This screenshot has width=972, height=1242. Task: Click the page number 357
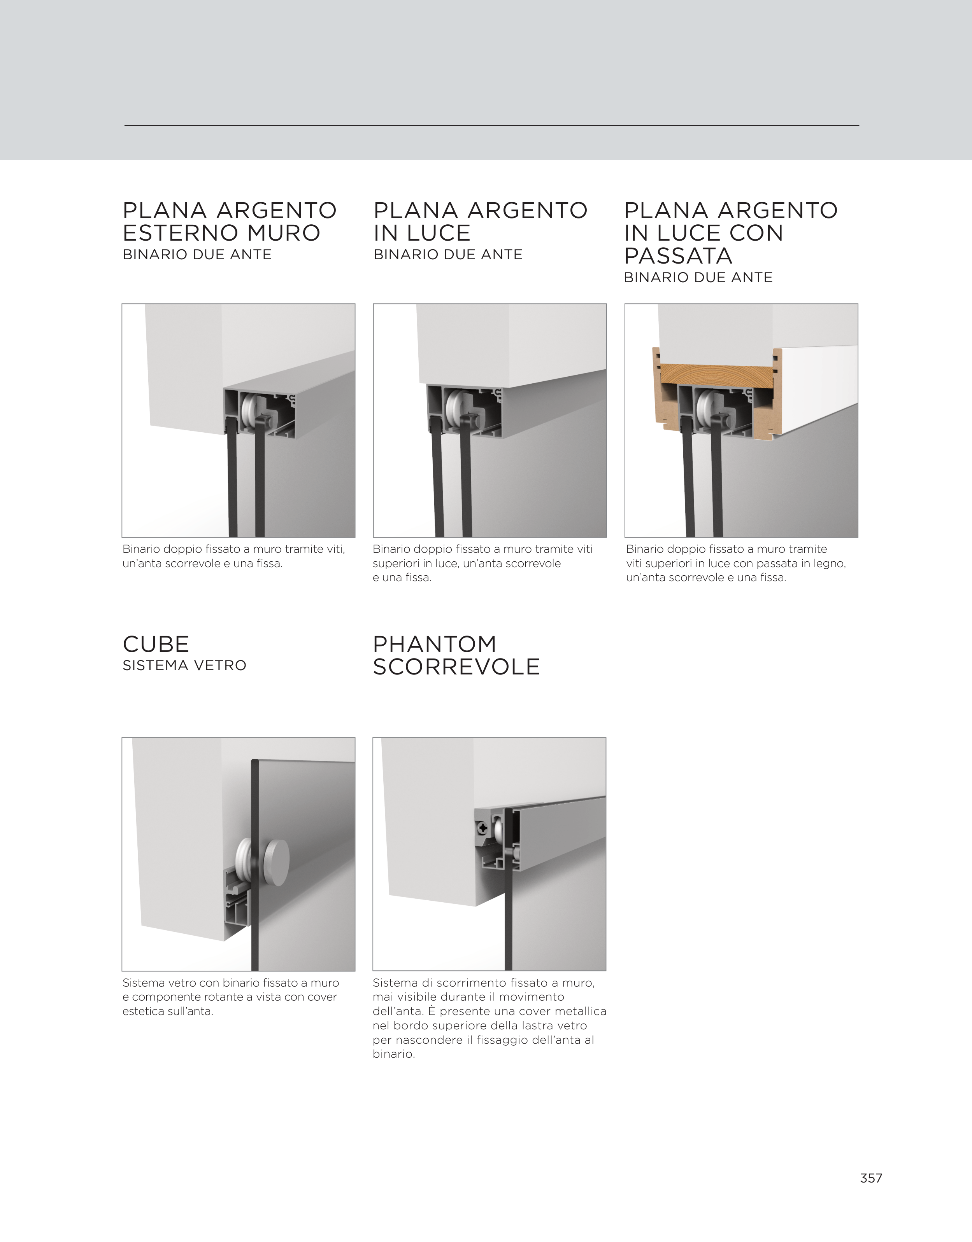(x=871, y=1178)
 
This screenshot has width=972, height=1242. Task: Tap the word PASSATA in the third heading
(x=678, y=256)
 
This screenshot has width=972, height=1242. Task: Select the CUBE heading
(x=156, y=644)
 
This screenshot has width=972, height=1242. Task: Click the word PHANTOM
(x=435, y=644)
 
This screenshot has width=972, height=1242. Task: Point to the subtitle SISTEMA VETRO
(x=184, y=666)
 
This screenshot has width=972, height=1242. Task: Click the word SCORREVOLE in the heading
(x=456, y=667)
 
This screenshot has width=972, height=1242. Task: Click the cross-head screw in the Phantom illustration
(x=482, y=829)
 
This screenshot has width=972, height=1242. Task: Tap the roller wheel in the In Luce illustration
(x=454, y=409)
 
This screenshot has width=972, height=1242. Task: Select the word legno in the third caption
(x=830, y=564)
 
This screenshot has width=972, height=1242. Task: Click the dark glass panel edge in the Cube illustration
(x=255, y=865)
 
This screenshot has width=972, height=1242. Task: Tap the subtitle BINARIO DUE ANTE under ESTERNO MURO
(x=197, y=254)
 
